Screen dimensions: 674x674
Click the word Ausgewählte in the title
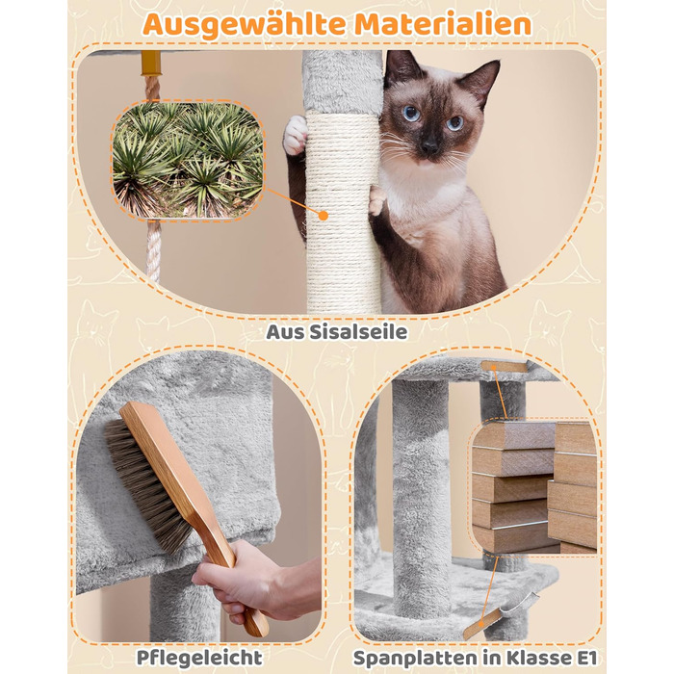click(245, 24)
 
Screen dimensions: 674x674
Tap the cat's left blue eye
click(411, 114)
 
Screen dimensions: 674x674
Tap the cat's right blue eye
click(454, 123)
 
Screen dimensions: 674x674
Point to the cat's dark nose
click(428, 147)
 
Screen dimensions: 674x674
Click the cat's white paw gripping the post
click(296, 136)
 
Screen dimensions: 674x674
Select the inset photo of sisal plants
click(188, 161)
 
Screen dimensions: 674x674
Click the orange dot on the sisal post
click(324, 216)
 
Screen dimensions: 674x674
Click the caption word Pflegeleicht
click(199, 658)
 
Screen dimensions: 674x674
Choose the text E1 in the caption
click(585, 658)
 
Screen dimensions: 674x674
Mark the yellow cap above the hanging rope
click(151, 64)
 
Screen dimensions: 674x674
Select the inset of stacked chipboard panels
click(533, 486)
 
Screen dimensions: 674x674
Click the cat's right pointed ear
click(485, 80)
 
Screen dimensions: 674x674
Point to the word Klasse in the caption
click(538, 658)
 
